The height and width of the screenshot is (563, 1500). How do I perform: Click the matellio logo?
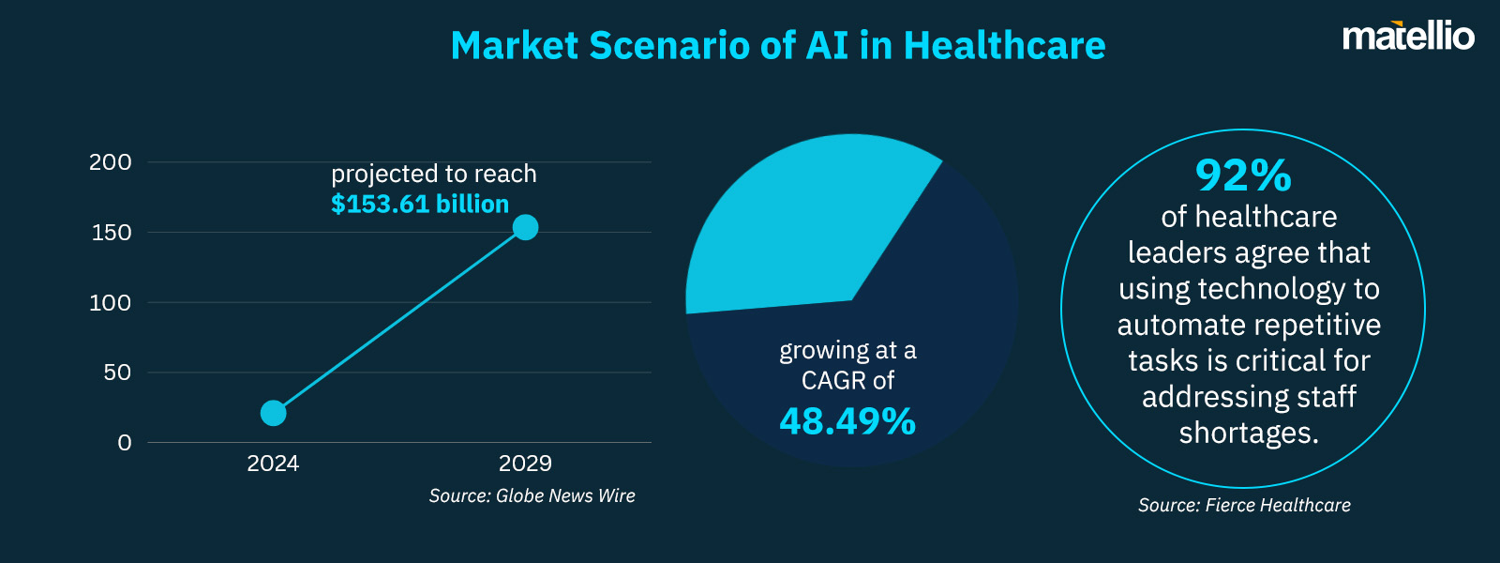1408,37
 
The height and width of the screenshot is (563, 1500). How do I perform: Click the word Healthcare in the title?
1004,46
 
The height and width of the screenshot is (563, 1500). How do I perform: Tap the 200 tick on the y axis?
111,162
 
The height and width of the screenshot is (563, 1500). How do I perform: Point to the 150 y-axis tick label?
112,233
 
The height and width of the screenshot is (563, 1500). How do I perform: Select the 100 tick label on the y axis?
111,303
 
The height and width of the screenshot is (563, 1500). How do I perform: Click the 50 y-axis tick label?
117,373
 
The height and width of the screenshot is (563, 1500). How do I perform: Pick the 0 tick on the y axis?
125,443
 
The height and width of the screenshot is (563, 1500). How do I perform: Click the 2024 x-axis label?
273,464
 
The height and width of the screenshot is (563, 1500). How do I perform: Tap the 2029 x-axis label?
525,464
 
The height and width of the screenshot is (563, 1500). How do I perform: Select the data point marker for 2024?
273,413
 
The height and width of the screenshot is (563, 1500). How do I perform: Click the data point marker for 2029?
525,227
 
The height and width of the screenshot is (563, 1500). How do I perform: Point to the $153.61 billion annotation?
420,205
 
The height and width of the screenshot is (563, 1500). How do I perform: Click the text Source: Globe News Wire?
532,496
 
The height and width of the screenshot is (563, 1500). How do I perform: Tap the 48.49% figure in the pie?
847,421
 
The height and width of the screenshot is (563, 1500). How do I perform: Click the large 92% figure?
1243,175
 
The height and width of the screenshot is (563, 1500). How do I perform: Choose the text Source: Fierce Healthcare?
1244,506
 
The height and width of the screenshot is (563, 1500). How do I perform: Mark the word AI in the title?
827,46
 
